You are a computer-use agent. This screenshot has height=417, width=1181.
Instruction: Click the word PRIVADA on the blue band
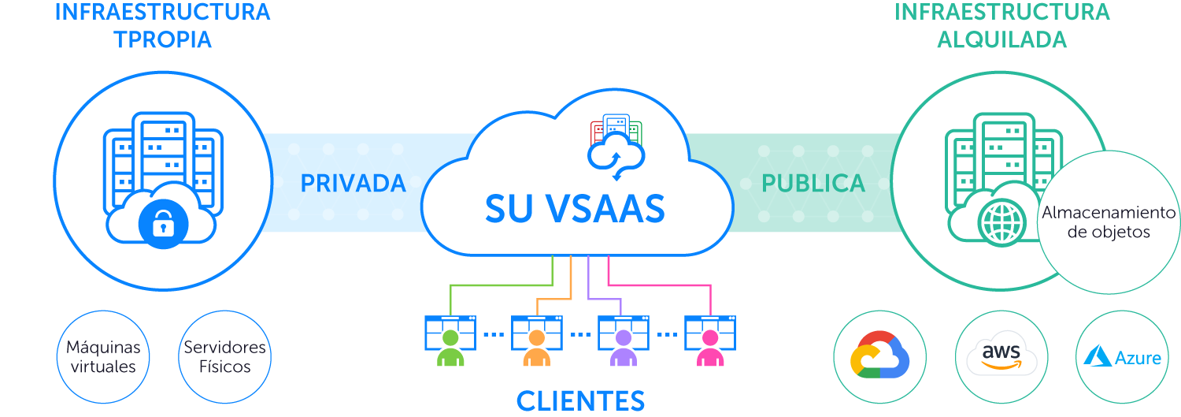(x=353, y=184)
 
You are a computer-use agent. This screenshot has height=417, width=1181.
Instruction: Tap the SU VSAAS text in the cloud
(x=575, y=208)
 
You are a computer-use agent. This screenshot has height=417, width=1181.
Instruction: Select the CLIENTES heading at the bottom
(x=580, y=400)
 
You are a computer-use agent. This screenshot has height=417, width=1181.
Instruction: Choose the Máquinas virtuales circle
(x=103, y=357)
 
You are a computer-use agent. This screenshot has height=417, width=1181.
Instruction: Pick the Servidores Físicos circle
(x=225, y=357)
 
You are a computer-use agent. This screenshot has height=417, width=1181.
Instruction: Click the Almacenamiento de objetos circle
(x=1108, y=222)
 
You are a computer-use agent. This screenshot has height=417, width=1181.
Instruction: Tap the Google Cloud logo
(x=879, y=357)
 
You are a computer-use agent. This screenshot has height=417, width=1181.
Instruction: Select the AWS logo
(x=1001, y=357)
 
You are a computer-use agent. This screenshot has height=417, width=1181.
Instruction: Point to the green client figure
(x=450, y=347)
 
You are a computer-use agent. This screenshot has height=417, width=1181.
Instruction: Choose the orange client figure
(x=537, y=347)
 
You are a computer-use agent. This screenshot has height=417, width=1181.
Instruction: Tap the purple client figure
(x=624, y=347)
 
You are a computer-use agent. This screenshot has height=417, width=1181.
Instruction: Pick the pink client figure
(x=710, y=347)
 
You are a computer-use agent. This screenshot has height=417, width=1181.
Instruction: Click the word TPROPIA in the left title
(x=163, y=39)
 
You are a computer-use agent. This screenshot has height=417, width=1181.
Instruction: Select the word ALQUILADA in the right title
(x=1001, y=39)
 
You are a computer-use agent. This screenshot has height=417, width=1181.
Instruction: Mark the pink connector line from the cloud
(x=661, y=285)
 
